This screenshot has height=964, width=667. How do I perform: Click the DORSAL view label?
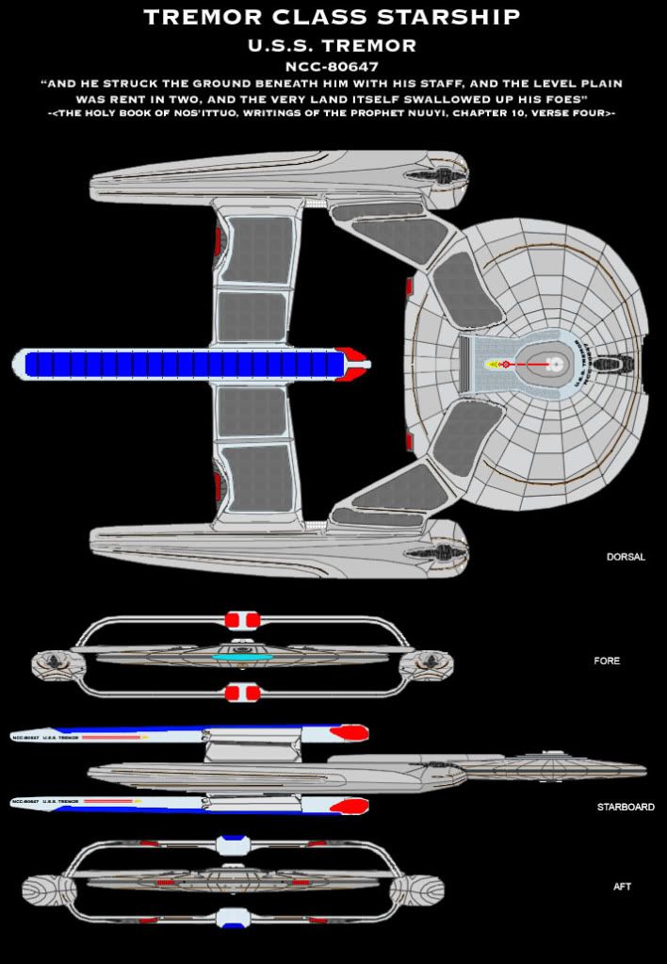tap(626, 557)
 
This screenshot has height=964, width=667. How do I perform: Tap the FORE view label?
tap(608, 661)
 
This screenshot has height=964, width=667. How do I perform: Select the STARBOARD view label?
tap(626, 807)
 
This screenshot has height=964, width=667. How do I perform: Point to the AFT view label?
tap(622, 887)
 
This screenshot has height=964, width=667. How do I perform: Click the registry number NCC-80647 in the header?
tap(333, 67)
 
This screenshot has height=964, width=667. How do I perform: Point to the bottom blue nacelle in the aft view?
tap(231, 920)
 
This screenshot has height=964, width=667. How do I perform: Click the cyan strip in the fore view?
tap(242, 657)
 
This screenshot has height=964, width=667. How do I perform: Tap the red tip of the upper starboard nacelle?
tap(350, 733)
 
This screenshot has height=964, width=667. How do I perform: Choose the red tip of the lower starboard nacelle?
tap(350, 806)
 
